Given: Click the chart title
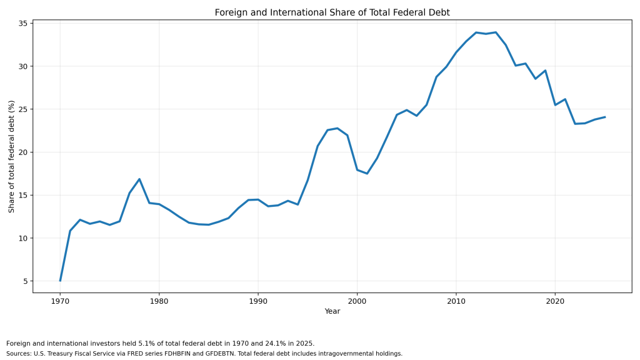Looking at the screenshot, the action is [x=332, y=12].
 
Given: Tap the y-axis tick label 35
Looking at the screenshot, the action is [x=22, y=24].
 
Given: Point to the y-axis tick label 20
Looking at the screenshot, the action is [x=22, y=152].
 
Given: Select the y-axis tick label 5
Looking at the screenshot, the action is [x=25, y=281].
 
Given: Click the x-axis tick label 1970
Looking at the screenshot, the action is [x=60, y=301].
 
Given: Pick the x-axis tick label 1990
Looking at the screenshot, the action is [x=258, y=301].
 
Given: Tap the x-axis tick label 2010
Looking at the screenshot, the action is [x=456, y=301].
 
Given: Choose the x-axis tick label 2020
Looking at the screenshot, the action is [x=555, y=301].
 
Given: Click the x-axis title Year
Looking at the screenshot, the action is [x=332, y=311].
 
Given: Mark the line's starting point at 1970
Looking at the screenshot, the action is [x=60, y=281].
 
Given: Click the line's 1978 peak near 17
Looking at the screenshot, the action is [x=139, y=179].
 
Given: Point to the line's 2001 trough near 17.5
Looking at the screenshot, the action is [x=367, y=174].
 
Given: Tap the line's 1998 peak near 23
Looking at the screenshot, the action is [x=337, y=128].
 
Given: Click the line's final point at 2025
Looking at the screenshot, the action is [x=605, y=117].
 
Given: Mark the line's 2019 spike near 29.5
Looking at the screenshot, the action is [x=545, y=71].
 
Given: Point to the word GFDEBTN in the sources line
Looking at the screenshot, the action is [x=222, y=354].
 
